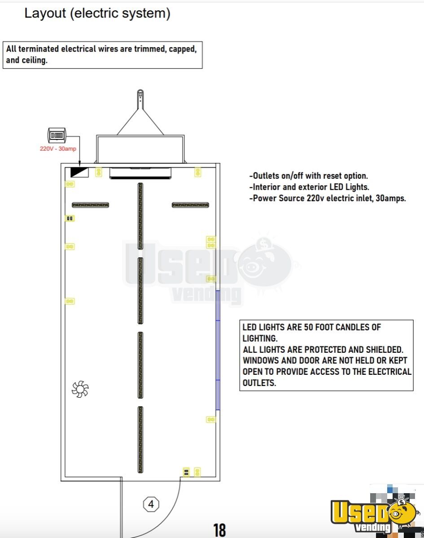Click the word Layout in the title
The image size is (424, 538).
[44, 13]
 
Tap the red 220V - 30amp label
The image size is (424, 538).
[58, 148]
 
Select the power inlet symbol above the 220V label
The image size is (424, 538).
[57, 134]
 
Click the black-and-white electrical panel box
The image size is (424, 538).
[80, 172]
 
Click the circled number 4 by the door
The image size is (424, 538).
[151, 504]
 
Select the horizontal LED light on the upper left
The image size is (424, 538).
[90, 205]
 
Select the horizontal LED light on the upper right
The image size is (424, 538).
[190, 205]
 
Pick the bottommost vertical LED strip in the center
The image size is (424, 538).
[140, 439]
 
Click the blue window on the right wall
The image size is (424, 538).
[218, 350]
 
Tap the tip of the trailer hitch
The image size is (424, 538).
[140, 94]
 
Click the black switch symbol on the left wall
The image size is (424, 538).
[70, 218]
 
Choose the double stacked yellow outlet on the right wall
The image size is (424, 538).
[211, 243]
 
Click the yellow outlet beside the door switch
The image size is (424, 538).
[197, 472]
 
